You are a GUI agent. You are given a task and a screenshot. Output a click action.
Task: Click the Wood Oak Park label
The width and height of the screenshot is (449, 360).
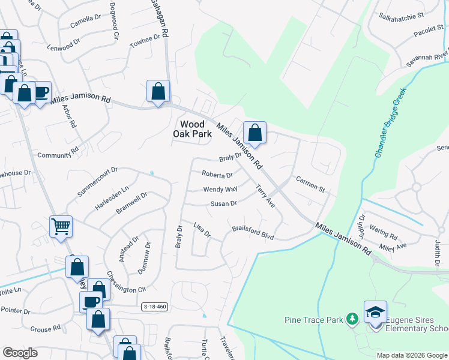click(x=193, y=129)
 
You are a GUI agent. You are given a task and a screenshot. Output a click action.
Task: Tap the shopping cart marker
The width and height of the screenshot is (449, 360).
click(x=61, y=227)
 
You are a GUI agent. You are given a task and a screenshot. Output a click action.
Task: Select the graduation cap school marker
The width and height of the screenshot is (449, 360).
click(x=375, y=313)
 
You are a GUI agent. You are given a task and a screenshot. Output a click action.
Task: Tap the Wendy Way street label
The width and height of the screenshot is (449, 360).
click(x=220, y=190)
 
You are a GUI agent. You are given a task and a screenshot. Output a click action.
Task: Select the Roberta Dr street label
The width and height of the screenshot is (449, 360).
click(x=217, y=175)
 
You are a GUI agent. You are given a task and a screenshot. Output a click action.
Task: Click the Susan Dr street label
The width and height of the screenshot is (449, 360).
click(x=223, y=204)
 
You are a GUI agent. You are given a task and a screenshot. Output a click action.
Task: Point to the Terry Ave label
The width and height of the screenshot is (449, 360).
click(x=265, y=196)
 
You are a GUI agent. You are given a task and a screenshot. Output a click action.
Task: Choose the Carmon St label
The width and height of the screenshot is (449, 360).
click(x=310, y=184)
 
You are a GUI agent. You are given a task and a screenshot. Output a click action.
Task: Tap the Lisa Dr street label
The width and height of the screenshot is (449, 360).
click(x=202, y=230)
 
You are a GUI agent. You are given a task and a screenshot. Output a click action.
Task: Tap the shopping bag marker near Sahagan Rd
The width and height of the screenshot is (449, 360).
click(x=158, y=92)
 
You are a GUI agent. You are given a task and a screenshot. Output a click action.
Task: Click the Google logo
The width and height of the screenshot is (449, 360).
click(x=20, y=353)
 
